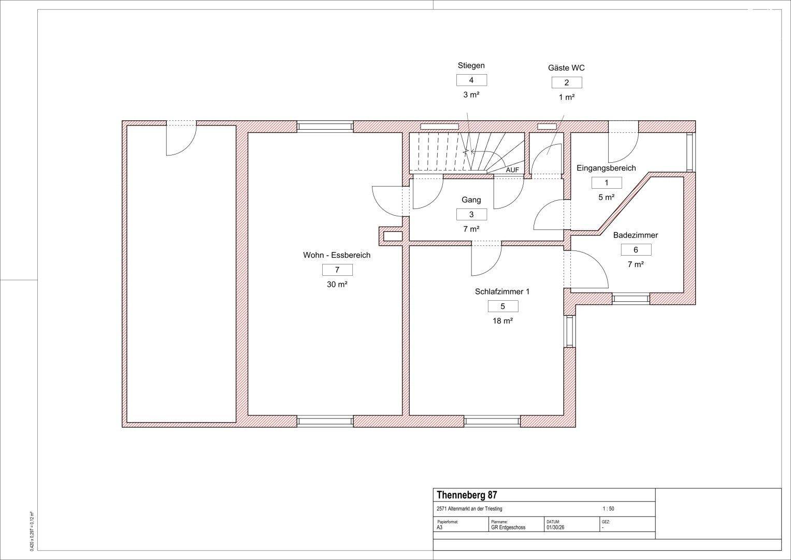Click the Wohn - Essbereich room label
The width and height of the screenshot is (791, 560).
[x=337, y=255]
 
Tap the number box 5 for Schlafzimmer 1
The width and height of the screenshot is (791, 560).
[x=503, y=306]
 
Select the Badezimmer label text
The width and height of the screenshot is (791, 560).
[x=636, y=235]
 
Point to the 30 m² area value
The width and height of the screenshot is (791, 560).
[x=337, y=284]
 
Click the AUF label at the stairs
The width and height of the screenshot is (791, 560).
[x=512, y=170]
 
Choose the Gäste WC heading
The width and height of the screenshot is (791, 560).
[x=566, y=67]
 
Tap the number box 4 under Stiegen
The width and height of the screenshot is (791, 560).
[x=471, y=80]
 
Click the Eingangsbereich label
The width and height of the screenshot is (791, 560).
[x=606, y=169]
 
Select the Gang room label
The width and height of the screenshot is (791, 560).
[x=471, y=200]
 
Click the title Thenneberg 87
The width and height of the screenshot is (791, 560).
[x=467, y=495]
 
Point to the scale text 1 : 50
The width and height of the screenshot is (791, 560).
[x=608, y=509]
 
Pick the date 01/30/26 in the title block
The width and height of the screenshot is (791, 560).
[x=555, y=527]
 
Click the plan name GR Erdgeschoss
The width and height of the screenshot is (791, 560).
[x=508, y=527]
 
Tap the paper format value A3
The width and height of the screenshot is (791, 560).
[x=440, y=527]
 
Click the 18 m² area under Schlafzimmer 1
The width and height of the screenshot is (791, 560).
[x=503, y=321]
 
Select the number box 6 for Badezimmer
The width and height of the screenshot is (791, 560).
[x=636, y=250]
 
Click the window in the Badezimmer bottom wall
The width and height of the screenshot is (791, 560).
[x=631, y=299]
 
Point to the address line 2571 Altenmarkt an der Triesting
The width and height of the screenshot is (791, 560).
[x=469, y=509]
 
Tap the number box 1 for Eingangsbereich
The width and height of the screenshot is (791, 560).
[x=607, y=183]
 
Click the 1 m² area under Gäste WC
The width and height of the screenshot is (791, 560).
[x=567, y=97]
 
